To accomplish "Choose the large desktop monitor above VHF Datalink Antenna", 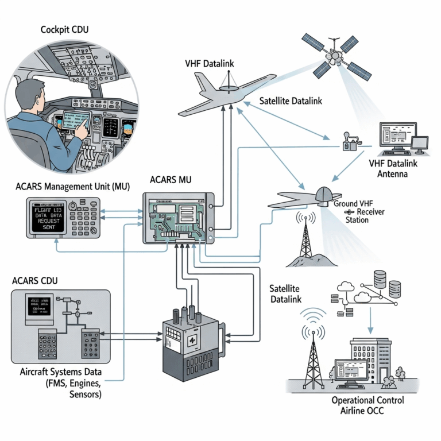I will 396,137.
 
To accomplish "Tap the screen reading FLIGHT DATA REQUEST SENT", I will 48,216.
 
